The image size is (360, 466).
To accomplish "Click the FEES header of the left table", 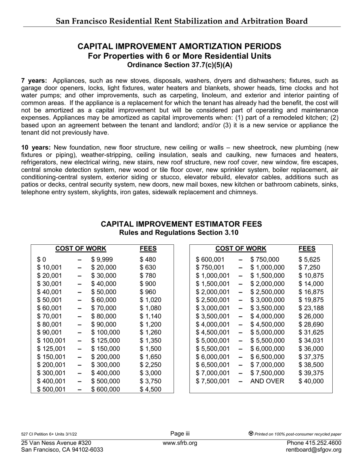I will coord(148,249).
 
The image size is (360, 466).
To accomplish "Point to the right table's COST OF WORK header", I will coord(241,249).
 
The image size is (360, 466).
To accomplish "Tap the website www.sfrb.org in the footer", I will coord(180,443).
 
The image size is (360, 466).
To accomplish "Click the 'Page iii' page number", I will coord(180,434).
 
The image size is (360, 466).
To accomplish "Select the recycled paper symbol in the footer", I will coord(251,433).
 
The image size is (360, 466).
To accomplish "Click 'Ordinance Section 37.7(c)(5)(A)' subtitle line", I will coord(180,65).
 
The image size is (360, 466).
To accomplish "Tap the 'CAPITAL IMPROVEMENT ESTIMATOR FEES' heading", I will coord(181,224).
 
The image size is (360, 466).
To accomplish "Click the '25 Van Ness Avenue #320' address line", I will coord(56,443).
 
